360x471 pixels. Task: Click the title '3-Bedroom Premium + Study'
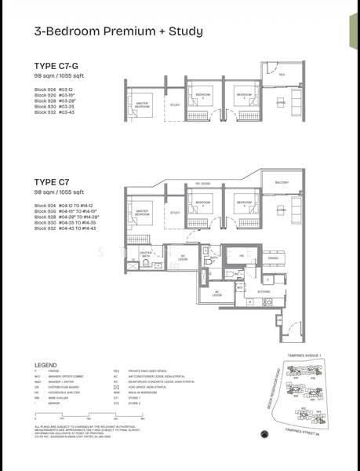[x=107, y=31]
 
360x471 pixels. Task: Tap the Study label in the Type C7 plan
[x=175, y=213]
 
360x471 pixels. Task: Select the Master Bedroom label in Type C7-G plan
[x=142, y=103]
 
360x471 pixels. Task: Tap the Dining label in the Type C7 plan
[x=273, y=257]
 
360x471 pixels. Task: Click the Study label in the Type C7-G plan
[x=175, y=104]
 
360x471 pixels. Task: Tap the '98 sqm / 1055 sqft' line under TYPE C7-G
[x=58, y=76]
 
